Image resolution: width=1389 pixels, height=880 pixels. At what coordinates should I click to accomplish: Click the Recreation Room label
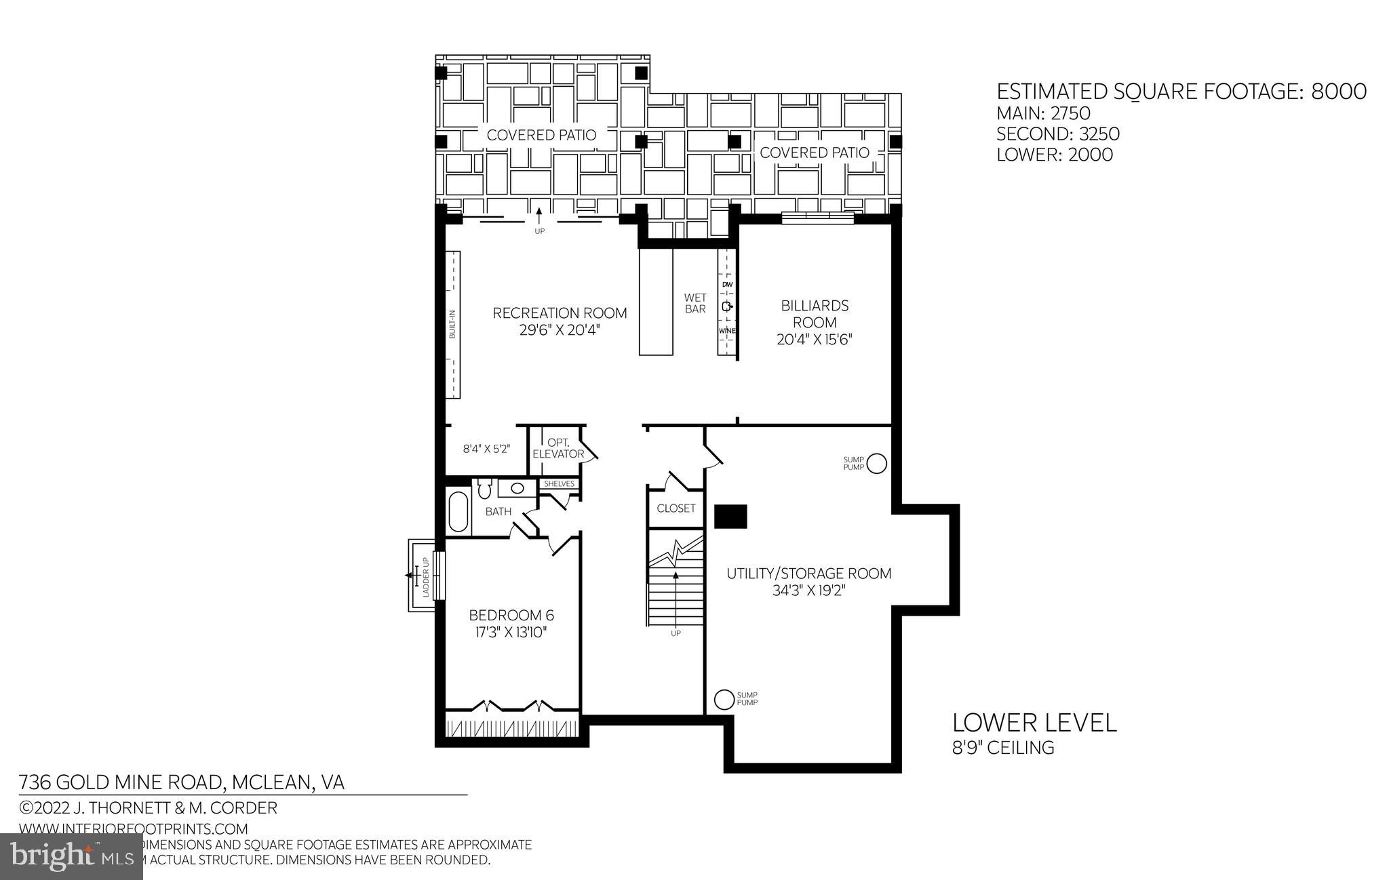coord(560,313)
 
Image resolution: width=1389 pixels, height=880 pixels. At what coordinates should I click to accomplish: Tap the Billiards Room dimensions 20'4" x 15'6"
coord(814,339)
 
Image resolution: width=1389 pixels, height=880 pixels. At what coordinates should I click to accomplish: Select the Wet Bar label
coord(695,303)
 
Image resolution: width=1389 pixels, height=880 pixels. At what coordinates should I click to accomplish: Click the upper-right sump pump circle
coord(877,463)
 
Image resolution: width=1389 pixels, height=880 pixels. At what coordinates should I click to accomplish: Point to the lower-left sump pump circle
coord(724,698)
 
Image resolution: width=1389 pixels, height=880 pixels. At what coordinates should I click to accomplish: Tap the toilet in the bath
coord(484,488)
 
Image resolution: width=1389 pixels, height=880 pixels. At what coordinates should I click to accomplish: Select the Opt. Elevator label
coord(557,448)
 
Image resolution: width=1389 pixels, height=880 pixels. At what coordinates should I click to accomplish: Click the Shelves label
coord(560,484)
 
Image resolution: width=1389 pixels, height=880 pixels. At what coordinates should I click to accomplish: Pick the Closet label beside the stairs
coord(676,508)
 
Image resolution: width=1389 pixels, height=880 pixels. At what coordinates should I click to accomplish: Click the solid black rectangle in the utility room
coord(731,517)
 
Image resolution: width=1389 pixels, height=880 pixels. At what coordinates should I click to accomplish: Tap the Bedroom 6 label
coord(511,616)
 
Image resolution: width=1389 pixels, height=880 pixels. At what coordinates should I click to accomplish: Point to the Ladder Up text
coord(426,577)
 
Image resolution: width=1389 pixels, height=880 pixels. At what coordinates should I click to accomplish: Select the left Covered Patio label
coord(541,135)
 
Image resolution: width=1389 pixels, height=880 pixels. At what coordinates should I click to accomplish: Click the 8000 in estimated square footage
coord(1339,92)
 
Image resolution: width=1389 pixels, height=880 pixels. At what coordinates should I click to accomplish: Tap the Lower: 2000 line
coord(1054,155)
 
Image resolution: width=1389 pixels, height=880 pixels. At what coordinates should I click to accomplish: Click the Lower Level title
coord(1034,723)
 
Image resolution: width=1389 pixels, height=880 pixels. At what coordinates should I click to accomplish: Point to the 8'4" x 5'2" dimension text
coord(486,449)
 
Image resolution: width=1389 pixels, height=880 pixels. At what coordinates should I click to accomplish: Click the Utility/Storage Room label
coord(808,574)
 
